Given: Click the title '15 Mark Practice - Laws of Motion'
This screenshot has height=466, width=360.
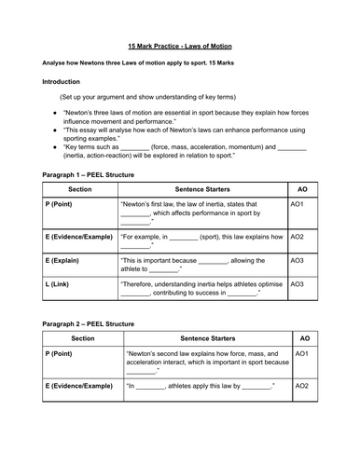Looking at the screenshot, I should (180, 45).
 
